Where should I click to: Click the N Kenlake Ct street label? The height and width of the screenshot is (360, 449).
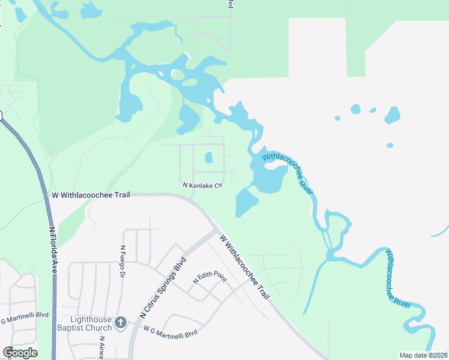click(203, 185)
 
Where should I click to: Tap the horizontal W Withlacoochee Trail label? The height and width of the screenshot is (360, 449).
click(91, 195)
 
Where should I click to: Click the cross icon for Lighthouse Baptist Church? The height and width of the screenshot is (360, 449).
click(120, 323)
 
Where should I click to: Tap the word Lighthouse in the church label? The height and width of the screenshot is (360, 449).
click(91, 319)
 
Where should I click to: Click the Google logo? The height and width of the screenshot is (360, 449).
click(20, 353)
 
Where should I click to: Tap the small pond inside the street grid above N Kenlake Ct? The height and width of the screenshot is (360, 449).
click(209, 158)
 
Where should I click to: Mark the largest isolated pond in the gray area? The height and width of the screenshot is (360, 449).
click(393, 115)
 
